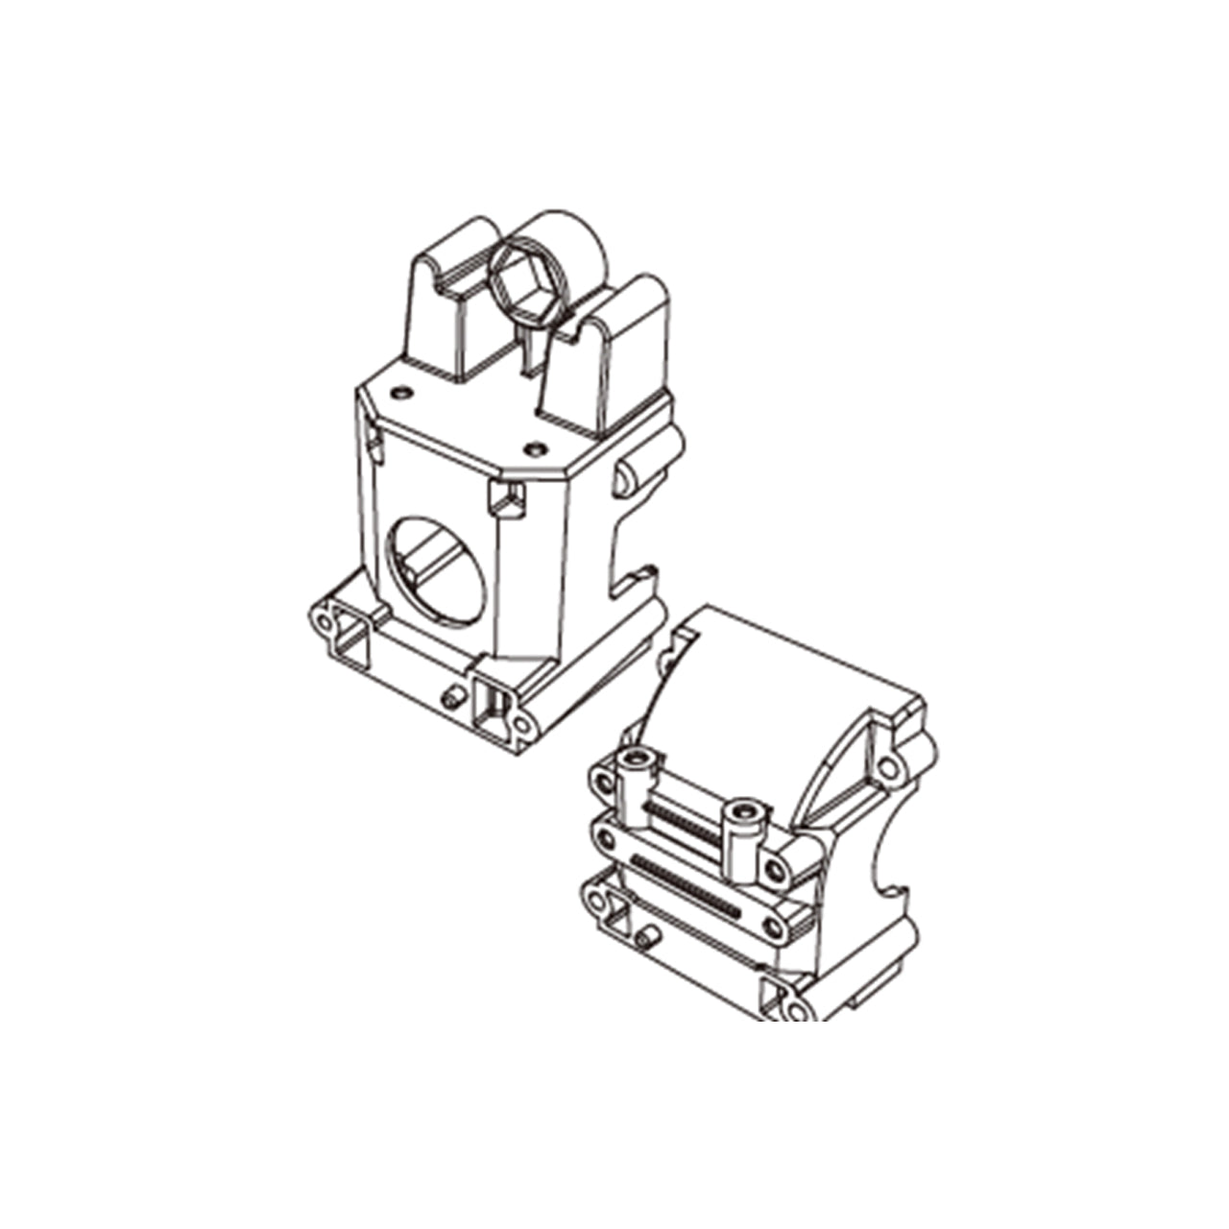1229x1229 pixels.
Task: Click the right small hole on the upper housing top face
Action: point(535,447)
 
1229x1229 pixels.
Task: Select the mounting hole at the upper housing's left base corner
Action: point(325,621)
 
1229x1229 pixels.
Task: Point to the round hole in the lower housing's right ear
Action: point(888,767)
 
